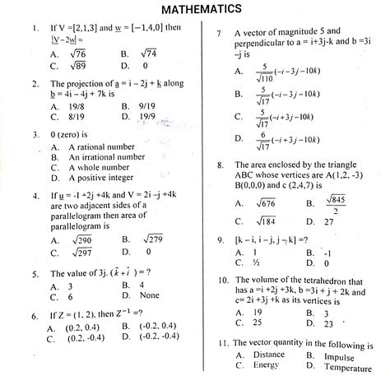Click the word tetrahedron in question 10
pos(324,281)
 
